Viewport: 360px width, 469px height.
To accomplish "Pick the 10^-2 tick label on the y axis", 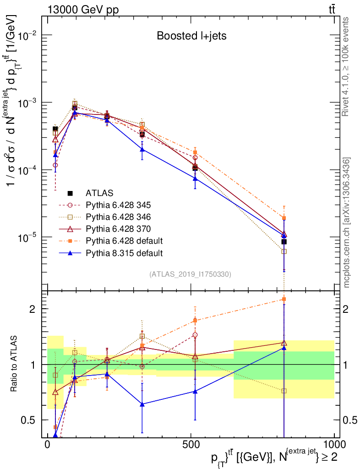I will [27, 35].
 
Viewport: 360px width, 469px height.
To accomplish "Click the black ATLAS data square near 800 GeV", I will [284, 241].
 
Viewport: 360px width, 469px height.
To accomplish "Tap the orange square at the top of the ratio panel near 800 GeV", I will [284, 299].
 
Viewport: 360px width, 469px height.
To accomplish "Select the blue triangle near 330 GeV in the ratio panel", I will [142, 404].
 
